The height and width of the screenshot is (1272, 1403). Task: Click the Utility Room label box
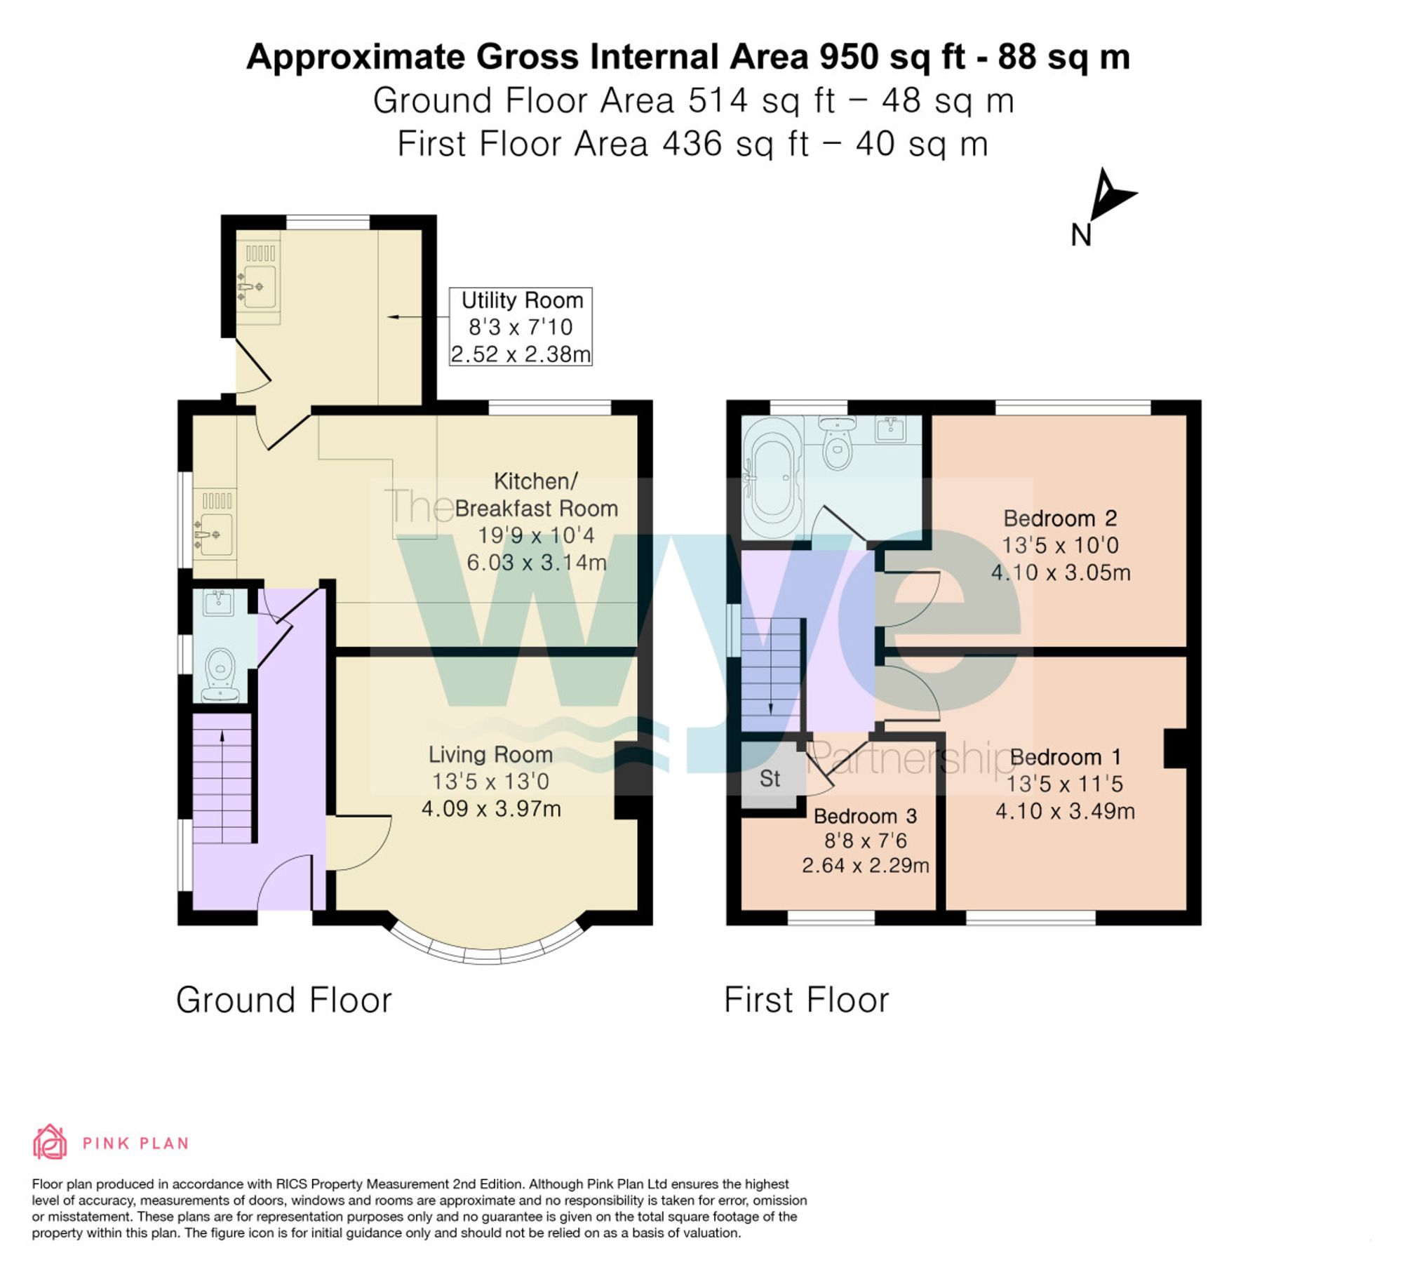(x=520, y=327)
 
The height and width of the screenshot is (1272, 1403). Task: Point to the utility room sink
(x=258, y=287)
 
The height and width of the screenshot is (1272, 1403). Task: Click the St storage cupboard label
(x=770, y=778)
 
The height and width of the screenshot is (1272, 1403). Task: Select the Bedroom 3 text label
(x=865, y=816)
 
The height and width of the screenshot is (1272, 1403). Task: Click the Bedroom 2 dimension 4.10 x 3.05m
(x=1061, y=573)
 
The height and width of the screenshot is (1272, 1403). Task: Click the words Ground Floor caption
(x=283, y=1000)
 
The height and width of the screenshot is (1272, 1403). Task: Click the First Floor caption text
(x=806, y=1000)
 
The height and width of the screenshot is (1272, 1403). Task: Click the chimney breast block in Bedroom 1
(x=1175, y=748)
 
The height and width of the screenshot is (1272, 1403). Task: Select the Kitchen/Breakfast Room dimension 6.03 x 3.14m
(x=537, y=563)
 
